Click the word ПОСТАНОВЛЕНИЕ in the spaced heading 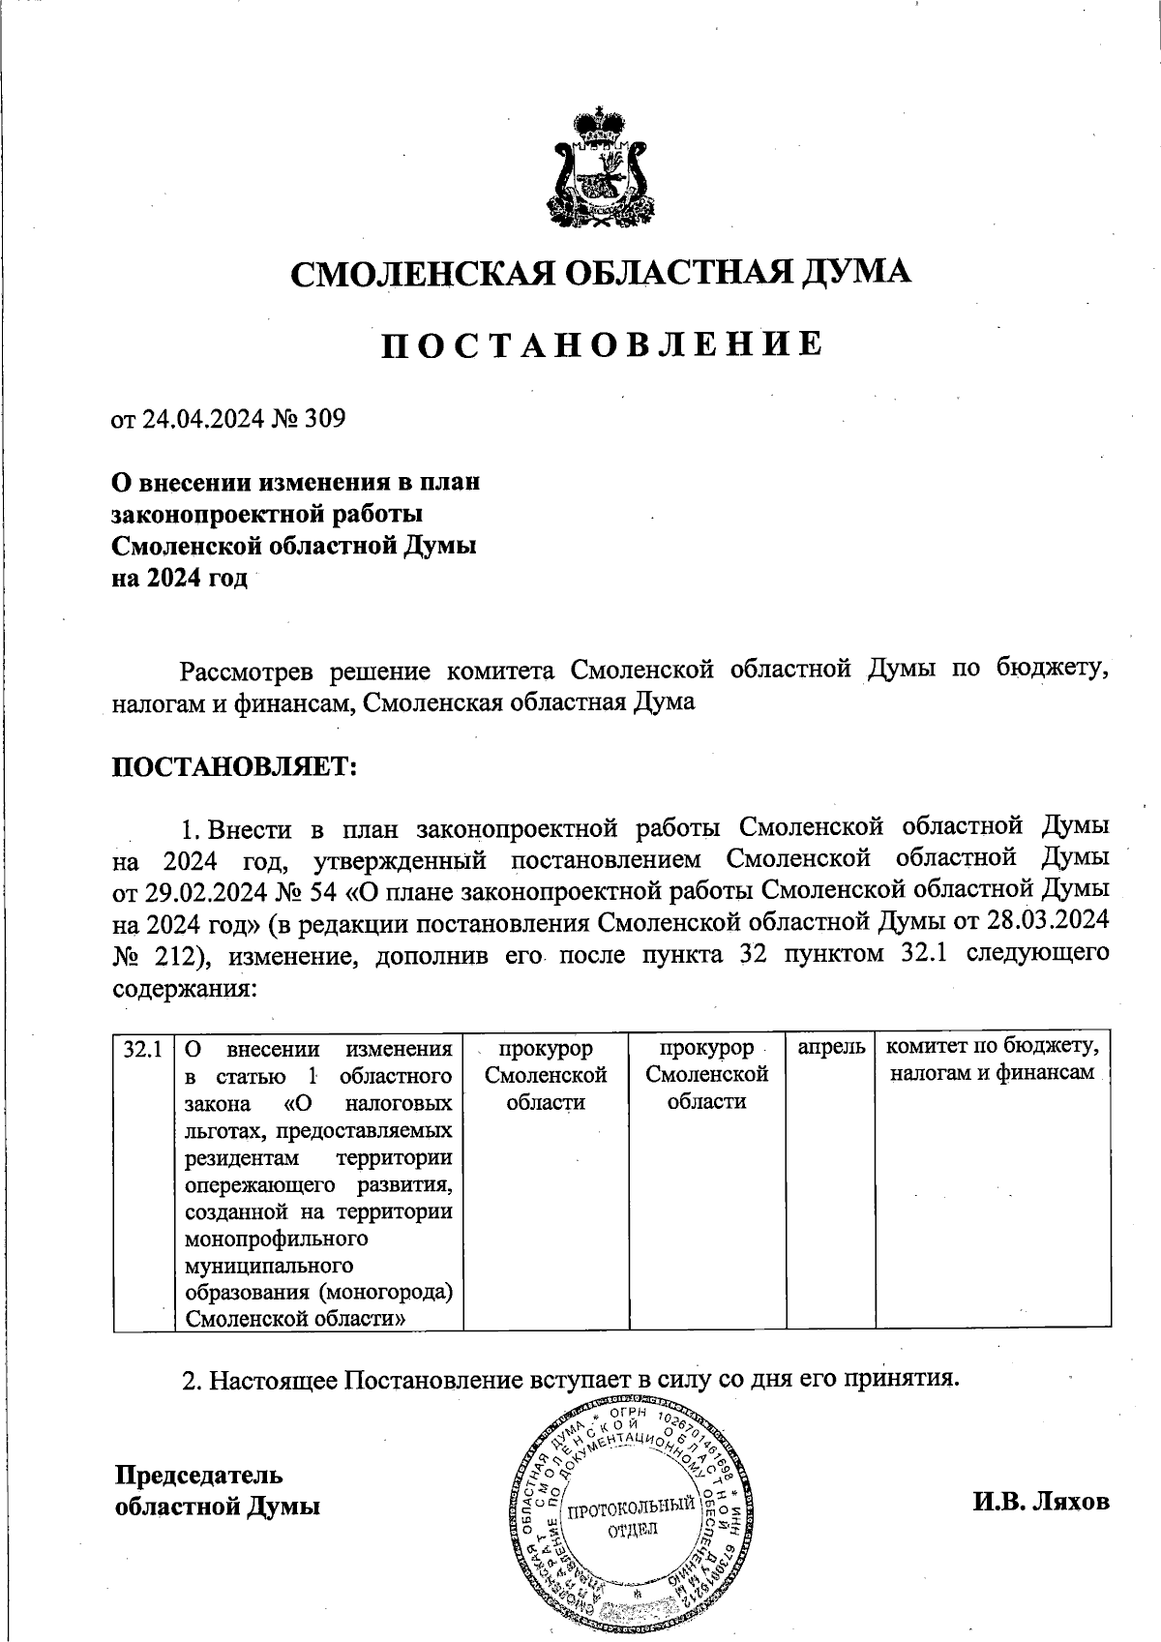[601, 343]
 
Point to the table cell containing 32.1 [142, 1049]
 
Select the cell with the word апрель [830, 1048]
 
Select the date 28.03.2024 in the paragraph [1049, 922]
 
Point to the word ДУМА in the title [855, 274]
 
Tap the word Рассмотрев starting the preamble [250, 671]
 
